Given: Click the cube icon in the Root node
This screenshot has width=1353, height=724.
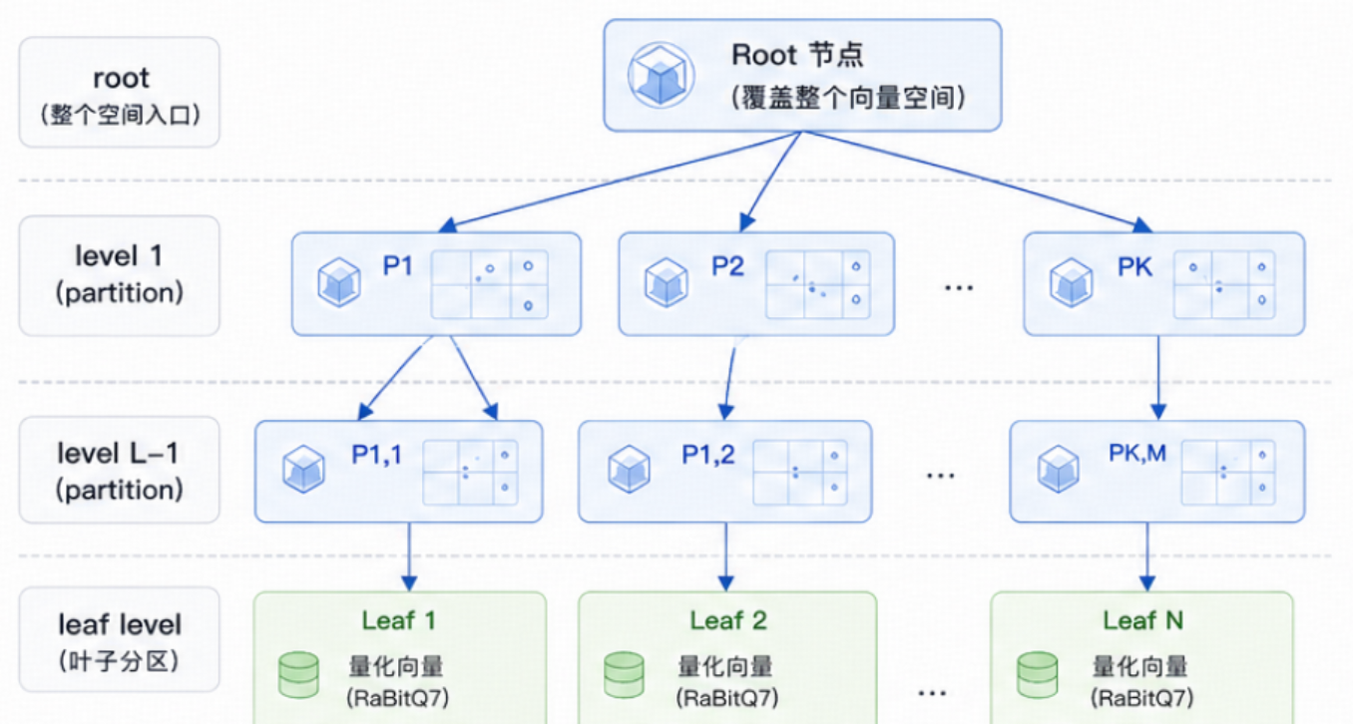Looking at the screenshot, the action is pyautogui.click(x=661, y=75).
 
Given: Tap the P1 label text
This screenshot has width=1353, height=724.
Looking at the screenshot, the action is pyautogui.click(x=397, y=265).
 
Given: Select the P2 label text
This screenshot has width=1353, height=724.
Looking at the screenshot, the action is pyautogui.click(x=727, y=265).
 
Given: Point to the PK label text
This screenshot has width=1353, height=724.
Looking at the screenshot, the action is pyautogui.click(x=1134, y=266).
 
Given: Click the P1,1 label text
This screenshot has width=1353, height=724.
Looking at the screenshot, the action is pyautogui.click(x=377, y=455).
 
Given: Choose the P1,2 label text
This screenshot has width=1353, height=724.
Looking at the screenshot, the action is pyautogui.click(x=707, y=455).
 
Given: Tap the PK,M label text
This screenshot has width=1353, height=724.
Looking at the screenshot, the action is pyautogui.click(x=1137, y=453).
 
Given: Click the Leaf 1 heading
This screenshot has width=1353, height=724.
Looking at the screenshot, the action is pyautogui.click(x=399, y=620).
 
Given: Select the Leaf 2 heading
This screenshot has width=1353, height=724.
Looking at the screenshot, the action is pyautogui.click(x=728, y=620).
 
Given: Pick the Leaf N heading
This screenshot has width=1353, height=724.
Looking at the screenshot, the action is pyautogui.click(x=1142, y=620).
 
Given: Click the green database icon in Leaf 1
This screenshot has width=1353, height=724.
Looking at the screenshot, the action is pyautogui.click(x=298, y=675).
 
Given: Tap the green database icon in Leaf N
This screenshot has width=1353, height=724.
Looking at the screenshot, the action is pyautogui.click(x=1037, y=675).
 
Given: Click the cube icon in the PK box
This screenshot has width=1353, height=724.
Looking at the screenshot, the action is pyautogui.click(x=1071, y=282).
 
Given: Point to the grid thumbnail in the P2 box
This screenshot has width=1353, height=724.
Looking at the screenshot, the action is pyautogui.click(x=818, y=284).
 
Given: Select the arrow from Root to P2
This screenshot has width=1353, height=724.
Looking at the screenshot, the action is pyautogui.click(x=770, y=181).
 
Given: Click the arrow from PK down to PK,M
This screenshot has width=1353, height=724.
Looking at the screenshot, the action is pyautogui.click(x=1157, y=377).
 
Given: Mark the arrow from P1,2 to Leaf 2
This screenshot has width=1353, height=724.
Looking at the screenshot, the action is pyautogui.click(x=726, y=556).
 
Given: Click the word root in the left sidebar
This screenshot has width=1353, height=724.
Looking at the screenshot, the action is pyautogui.click(x=121, y=78).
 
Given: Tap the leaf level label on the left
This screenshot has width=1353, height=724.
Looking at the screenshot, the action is pyautogui.click(x=120, y=624).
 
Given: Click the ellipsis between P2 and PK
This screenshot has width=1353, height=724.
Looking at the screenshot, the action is pyautogui.click(x=959, y=288).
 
